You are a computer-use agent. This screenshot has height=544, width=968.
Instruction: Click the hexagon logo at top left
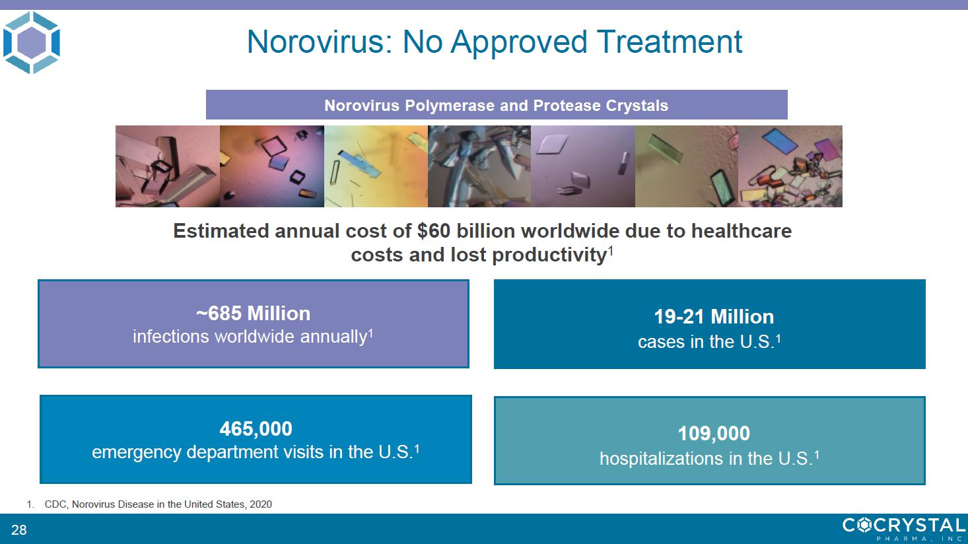click(32, 42)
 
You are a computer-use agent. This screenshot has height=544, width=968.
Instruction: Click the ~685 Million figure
click(254, 314)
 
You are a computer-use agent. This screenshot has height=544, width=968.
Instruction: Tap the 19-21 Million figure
click(714, 317)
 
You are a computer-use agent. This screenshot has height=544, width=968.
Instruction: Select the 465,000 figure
click(256, 428)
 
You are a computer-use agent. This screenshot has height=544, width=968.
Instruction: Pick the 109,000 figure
click(714, 433)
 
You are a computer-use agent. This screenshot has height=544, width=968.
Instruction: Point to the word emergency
click(137, 452)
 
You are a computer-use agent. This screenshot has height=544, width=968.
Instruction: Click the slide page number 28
click(19, 529)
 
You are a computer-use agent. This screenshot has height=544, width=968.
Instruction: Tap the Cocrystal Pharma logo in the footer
click(904, 529)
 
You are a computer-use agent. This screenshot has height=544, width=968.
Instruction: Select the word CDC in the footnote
click(55, 504)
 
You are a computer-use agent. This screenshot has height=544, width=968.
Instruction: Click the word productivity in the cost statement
click(549, 254)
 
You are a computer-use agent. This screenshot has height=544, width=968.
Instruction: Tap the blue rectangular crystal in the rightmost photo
click(780, 141)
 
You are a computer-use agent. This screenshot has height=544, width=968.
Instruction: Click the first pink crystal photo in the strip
click(168, 166)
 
